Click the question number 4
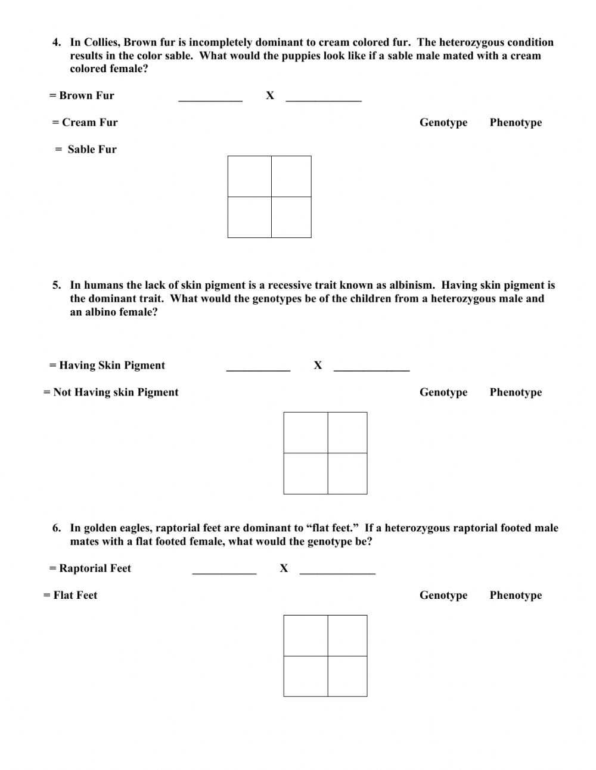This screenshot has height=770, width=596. pos(57,42)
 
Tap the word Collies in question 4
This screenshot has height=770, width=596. pos(101,42)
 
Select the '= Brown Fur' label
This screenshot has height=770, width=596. pos(82,95)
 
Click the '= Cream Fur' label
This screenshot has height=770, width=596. pos(85,122)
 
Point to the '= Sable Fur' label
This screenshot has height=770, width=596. pos(86,149)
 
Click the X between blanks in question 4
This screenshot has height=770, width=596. pos(270,95)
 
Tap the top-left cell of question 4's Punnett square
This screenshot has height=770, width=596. pos(250,177)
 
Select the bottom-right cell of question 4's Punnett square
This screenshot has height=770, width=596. pos(291,217)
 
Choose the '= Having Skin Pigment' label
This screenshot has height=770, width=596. pos(107,365)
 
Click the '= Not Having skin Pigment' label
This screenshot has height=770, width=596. pos(111,392)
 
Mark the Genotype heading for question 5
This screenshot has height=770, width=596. pos(443,392)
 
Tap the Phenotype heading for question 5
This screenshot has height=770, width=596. pos(516,392)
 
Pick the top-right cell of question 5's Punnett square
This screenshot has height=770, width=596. pos(347,432)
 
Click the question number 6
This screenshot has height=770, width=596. pos(57,528)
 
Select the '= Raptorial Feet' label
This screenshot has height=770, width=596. pos(90,568)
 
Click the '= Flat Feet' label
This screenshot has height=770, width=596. pos(70,595)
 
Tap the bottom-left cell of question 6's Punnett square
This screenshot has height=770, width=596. pos(306,676)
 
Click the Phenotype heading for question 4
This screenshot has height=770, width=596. pos(516,122)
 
